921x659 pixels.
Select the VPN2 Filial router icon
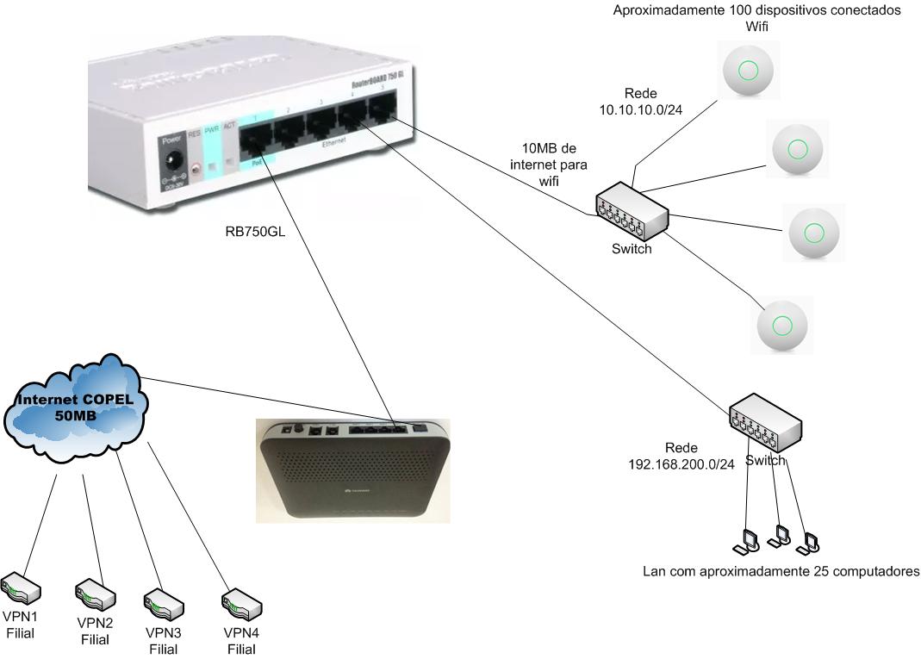(95, 594)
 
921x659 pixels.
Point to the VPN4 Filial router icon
(241, 604)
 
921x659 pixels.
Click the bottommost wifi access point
(782, 325)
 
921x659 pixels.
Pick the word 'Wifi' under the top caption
(757, 27)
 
